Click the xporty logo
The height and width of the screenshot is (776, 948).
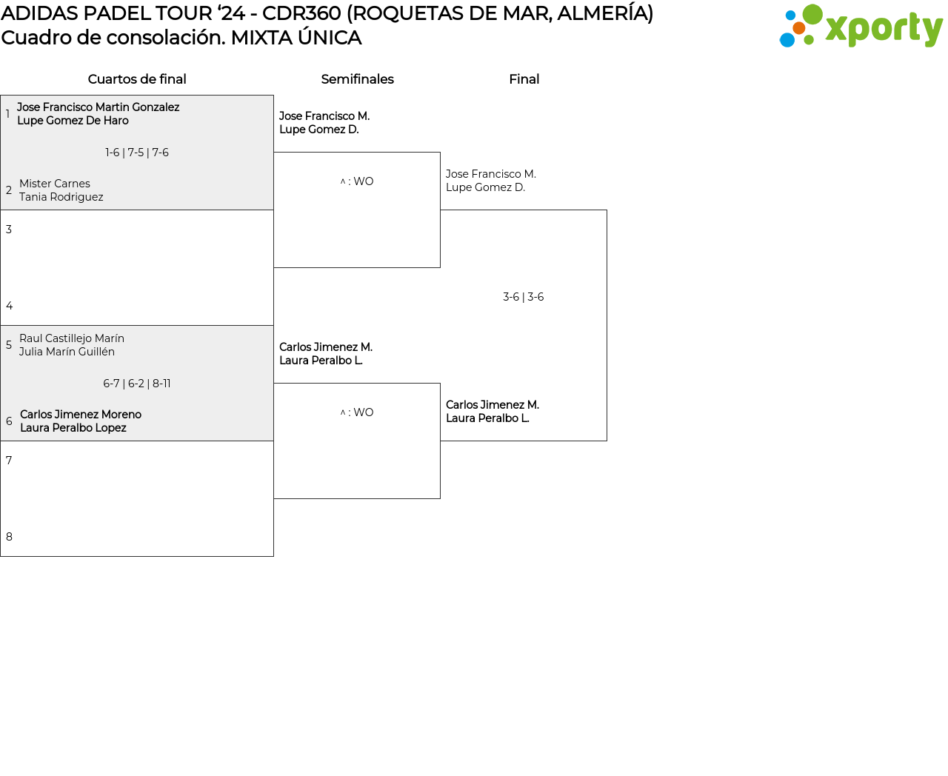(861, 27)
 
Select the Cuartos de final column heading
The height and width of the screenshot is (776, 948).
(137, 79)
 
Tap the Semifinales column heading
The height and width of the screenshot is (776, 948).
(357, 79)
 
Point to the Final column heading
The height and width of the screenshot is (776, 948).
(524, 79)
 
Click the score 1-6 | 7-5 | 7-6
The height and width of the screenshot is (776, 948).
(137, 153)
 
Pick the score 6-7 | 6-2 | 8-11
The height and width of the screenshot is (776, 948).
(137, 384)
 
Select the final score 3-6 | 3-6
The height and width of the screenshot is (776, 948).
(524, 297)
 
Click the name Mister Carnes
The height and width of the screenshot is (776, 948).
(55, 184)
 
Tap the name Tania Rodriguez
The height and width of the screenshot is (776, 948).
(61, 197)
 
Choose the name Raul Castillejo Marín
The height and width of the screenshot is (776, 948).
(72, 338)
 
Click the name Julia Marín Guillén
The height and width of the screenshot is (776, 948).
(67, 352)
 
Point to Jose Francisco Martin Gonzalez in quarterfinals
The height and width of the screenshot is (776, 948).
(98, 107)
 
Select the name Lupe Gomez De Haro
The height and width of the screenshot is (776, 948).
(73, 121)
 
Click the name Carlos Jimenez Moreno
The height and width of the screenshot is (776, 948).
(81, 415)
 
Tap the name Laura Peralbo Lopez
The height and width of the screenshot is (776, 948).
(73, 428)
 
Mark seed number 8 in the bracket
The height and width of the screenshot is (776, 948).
(9, 537)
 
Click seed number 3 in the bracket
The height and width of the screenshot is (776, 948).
(9, 230)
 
